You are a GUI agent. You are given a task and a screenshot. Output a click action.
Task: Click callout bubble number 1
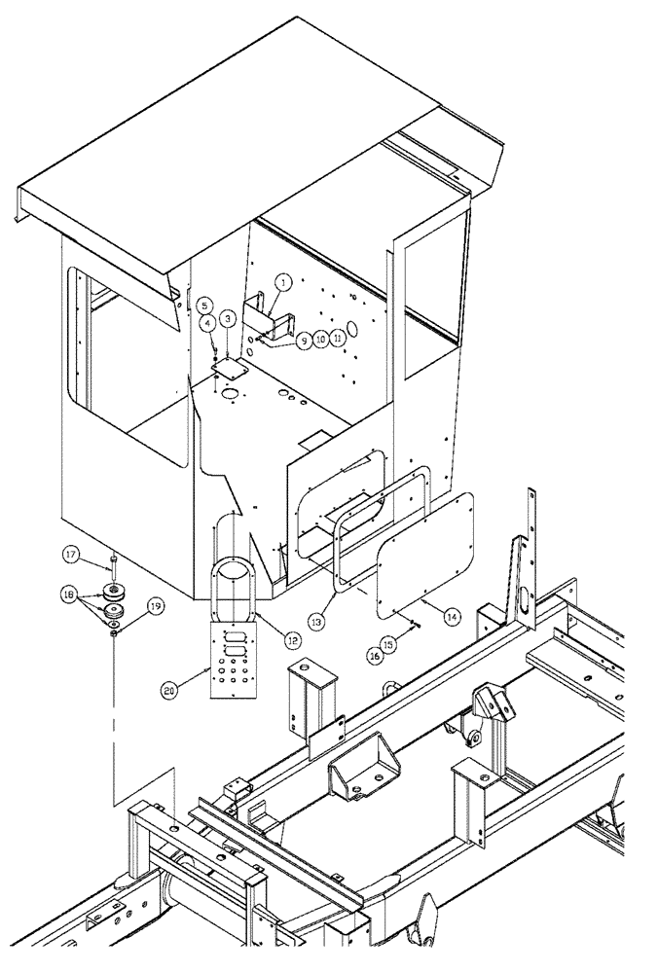[x=281, y=282]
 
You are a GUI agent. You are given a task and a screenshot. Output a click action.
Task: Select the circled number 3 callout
[x=227, y=318]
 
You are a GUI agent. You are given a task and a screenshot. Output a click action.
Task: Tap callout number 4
[x=209, y=322]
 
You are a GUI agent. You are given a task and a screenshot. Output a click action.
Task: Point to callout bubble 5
[x=204, y=305]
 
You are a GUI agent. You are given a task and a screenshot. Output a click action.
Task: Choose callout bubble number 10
[x=320, y=340]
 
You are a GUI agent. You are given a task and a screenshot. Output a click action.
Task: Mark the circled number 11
[x=338, y=340]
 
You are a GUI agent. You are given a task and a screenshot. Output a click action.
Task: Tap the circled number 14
[x=452, y=616]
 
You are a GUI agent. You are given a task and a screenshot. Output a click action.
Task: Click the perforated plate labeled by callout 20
[x=233, y=661]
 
